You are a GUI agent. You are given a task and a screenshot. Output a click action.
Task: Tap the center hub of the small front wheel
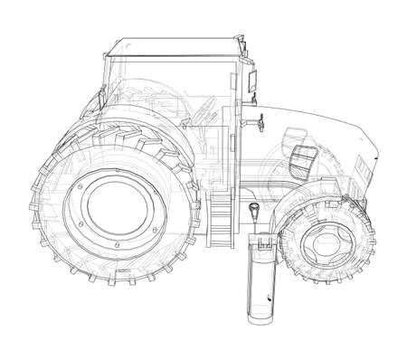pyautogui.click(x=315, y=243)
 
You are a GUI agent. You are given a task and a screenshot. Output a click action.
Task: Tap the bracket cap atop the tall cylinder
pyautogui.click(x=261, y=242)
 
